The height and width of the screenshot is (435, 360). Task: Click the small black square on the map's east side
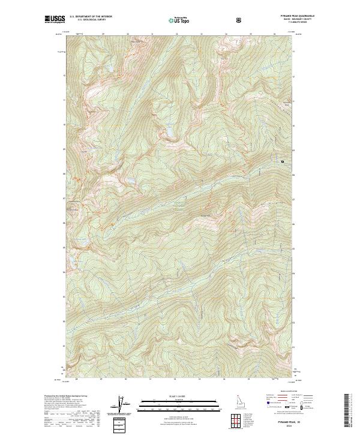tap(280, 161)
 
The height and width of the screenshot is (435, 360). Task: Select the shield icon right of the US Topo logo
tap(239, 20)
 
